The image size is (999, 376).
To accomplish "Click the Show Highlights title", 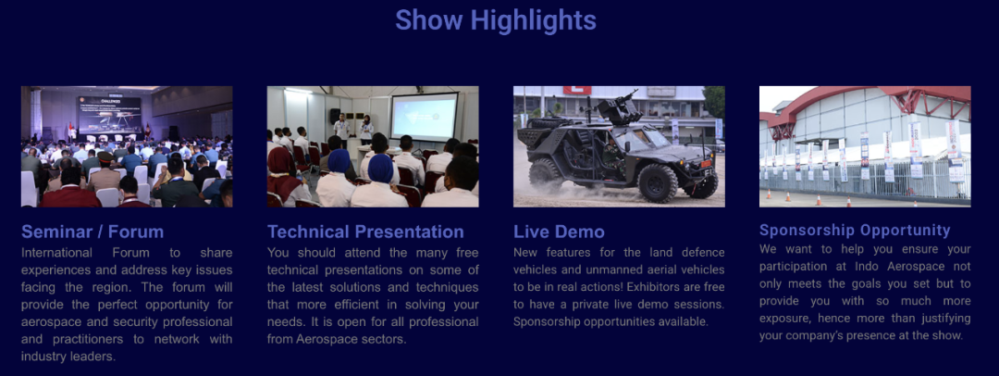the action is coord(496,19).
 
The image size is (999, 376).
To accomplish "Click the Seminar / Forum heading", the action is coord(92,232).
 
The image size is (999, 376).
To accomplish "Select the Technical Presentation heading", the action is coord(365,232).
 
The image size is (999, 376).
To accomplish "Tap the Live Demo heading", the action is coord(560,232).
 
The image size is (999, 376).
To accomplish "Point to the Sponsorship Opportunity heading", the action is coord(855,230).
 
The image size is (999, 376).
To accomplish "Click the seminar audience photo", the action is coord(127,146).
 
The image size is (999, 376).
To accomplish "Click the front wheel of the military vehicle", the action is coord(658,182).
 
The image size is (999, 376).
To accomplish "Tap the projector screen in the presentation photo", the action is coord(425,118).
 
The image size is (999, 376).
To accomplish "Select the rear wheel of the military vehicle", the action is coord(546,175).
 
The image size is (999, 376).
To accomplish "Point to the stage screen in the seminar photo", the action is coord(109,114).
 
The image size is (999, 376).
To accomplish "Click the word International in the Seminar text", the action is coord(56,252).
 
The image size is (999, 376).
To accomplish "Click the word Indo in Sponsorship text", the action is coord(888,266).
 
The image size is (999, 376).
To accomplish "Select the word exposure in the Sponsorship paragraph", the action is coord(785,319).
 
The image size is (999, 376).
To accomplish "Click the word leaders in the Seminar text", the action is coord(96,357).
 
